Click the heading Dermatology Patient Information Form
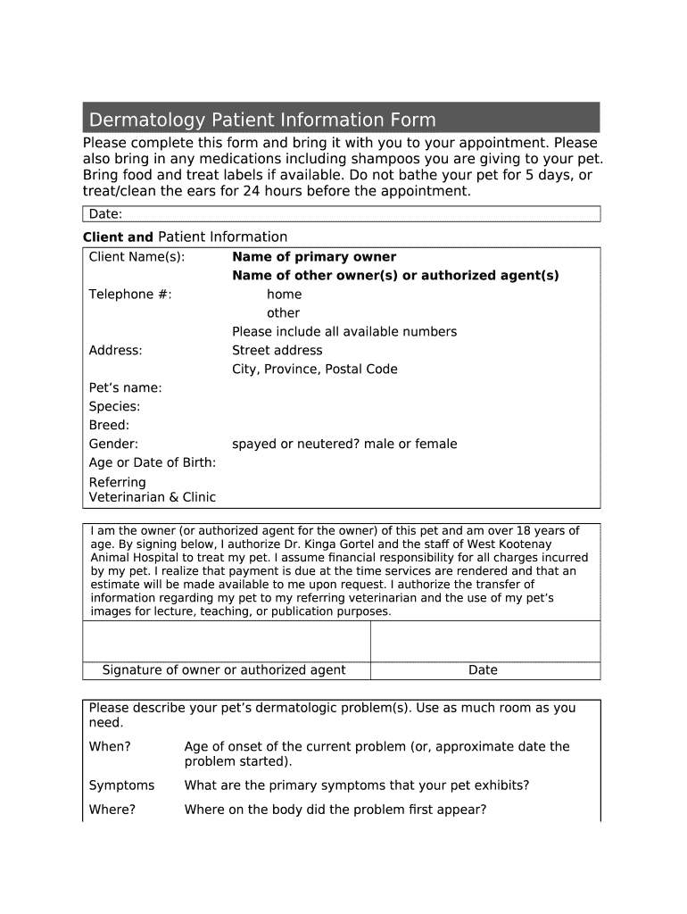(x=260, y=120)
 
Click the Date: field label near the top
(x=105, y=214)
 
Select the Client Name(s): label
(x=137, y=257)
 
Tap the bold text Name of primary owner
(x=314, y=257)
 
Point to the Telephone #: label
(x=130, y=295)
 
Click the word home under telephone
(x=284, y=295)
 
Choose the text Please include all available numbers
(x=344, y=332)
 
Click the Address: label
(x=115, y=351)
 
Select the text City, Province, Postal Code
(x=315, y=370)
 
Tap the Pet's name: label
(x=125, y=388)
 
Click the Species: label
(x=114, y=407)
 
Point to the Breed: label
(x=109, y=426)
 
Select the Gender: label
(x=113, y=445)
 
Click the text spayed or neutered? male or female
(x=344, y=445)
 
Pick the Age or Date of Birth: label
(x=153, y=463)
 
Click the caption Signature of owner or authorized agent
(x=224, y=670)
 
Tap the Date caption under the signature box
(x=483, y=670)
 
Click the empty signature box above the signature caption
(x=226, y=640)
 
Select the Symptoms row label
(x=121, y=785)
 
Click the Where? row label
(x=112, y=810)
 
